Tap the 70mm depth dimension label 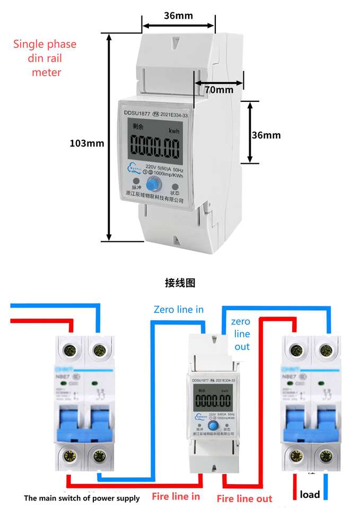pyautogui.click(x=219, y=90)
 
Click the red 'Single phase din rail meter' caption pyautogui.click(x=45, y=58)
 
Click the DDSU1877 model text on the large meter pyautogui.click(x=137, y=112)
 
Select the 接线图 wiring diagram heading pyautogui.click(x=180, y=283)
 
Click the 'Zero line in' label pyautogui.click(x=178, y=309)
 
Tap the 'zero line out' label pyautogui.click(x=241, y=334)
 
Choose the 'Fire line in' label pyautogui.click(x=176, y=496)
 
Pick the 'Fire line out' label pyautogui.click(x=244, y=498)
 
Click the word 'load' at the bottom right pyautogui.click(x=310, y=494)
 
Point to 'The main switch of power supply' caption pyautogui.click(x=82, y=498)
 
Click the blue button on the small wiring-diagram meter pyautogui.click(x=213, y=426)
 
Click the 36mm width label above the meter pyautogui.click(x=178, y=15)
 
